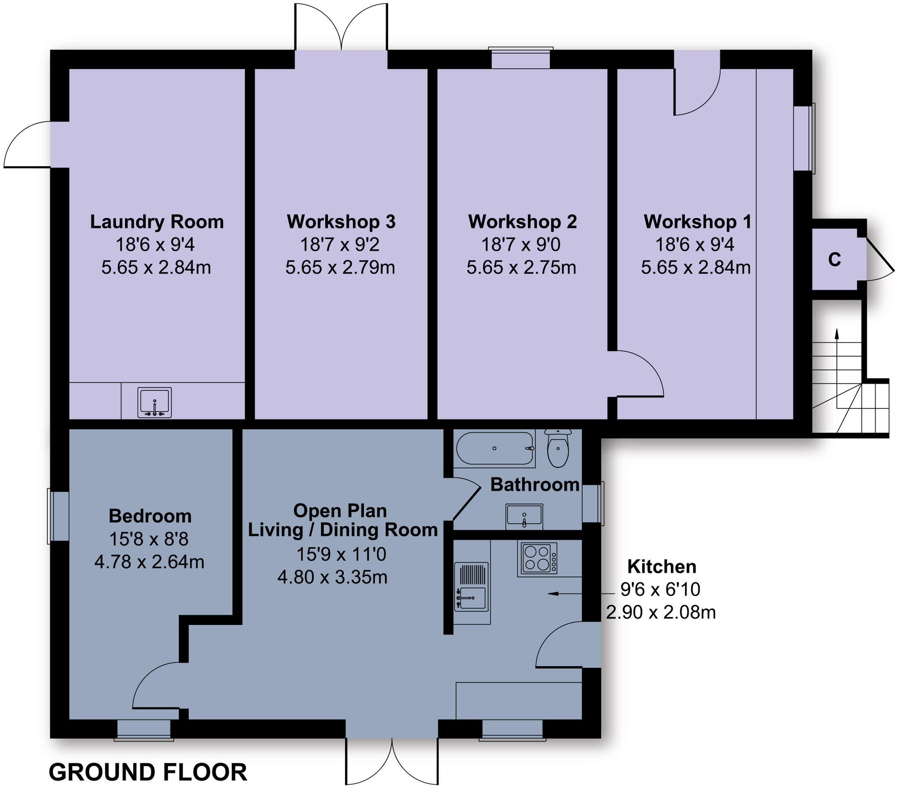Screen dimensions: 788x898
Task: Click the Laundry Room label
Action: pyautogui.click(x=157, y=221)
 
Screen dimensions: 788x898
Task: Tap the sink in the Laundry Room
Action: pyautogui.click(x=154, y=402)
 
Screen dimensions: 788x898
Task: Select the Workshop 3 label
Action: pyautogui.click(x=341, y=221)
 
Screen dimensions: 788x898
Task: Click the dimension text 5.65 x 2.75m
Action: pyautogui.click(x=521, y=267)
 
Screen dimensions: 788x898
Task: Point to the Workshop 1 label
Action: pyautogui.click(x=697, y=221)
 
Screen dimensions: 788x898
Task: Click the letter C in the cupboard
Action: pyautogui.click(x=834, y=260)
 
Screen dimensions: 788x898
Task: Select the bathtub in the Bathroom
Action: pyautogui.click(x=495, y=448)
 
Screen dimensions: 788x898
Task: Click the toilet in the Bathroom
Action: pyautogui.click(x=558, y=449)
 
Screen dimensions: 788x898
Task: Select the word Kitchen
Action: pyautogui.click(x=662, y=567)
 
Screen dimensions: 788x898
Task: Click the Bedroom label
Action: pyautogui.click(x=150, y=516)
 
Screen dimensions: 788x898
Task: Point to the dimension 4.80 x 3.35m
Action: pyautogui.click(x=332, y=577)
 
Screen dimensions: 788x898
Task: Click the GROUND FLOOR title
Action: pyautogui.click(x=148, y=772)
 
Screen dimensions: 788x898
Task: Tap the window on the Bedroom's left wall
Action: pyautogui.click(x=58, y=516)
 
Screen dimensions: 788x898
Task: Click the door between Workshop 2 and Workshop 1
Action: pyautogui.click(x=639, y=374)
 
